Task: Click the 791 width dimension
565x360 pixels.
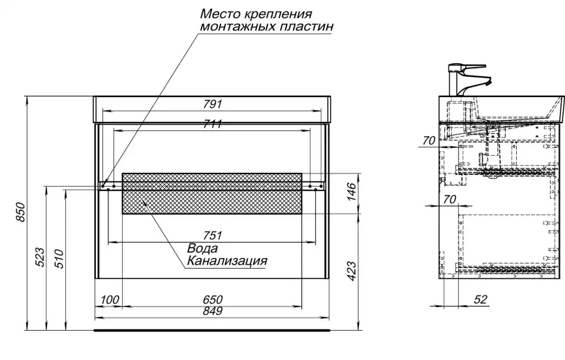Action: (212, 104)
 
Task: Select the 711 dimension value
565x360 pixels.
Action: (212, 125)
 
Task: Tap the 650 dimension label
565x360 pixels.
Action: (212, 299)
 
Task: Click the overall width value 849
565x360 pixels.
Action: (212, 312)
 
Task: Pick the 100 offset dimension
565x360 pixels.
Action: (110, 299)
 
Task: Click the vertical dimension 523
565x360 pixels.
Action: (40, 258)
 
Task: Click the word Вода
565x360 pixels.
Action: (202, 248)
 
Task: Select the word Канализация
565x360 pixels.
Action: (226, 261)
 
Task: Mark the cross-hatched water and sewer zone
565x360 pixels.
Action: (212, 193)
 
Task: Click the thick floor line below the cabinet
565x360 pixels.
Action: (212, 331)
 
